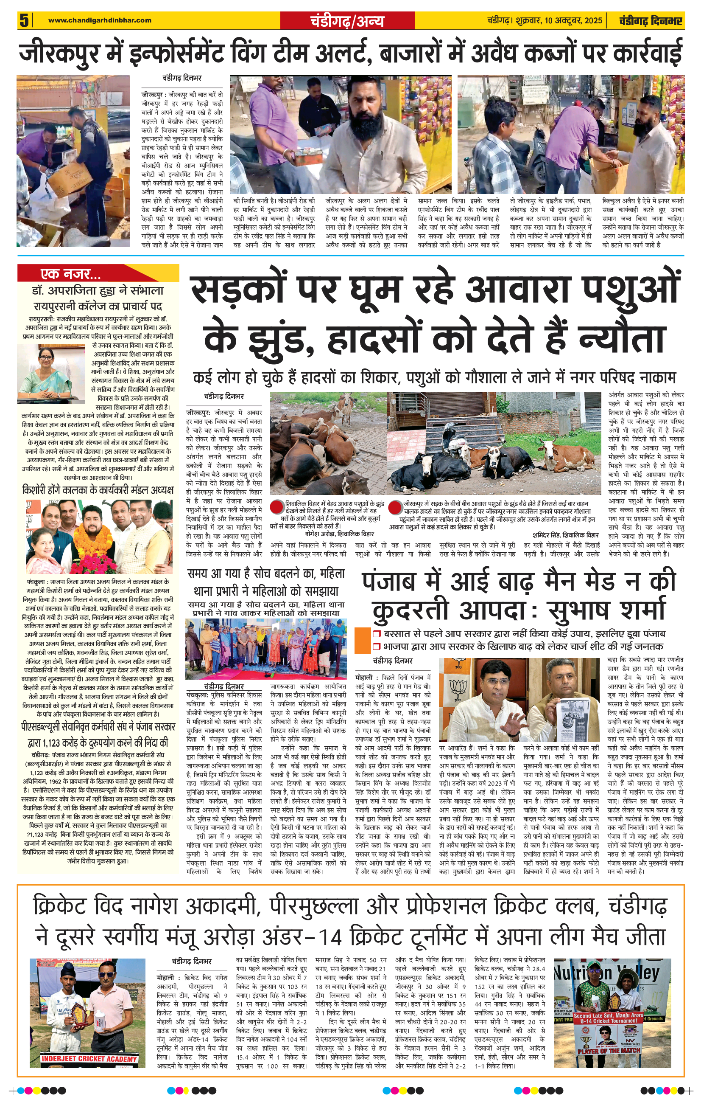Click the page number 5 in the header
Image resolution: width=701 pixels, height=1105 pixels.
pos(24,20)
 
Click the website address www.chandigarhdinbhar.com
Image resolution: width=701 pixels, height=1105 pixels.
pos(100,20)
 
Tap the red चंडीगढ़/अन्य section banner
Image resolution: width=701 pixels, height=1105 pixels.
pos(346,21)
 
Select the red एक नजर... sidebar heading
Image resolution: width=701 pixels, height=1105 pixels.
pos(70,274)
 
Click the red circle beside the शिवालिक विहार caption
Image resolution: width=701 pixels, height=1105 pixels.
pos(276,507)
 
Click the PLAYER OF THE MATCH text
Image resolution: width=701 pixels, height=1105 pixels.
pos(609,1050)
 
